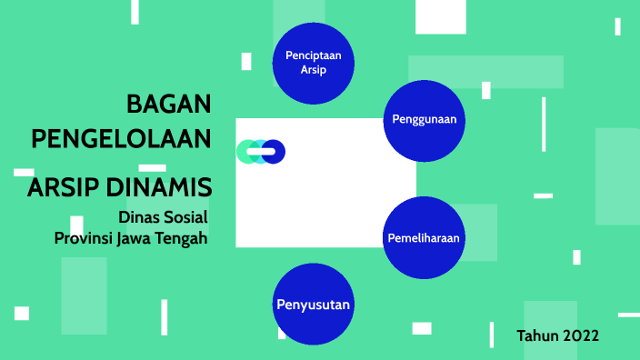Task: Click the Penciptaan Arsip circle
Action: pos(313,63)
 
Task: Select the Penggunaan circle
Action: pos(424,120)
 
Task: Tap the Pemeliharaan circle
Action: pos(424,238)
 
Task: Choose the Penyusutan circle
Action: pos(313,304)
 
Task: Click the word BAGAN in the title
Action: pos(168,104)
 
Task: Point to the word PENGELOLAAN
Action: pos(121,139)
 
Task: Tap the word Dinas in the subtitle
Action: pos(139,217)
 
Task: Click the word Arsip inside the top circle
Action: pos(313,70)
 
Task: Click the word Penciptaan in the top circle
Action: pos(313,55)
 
